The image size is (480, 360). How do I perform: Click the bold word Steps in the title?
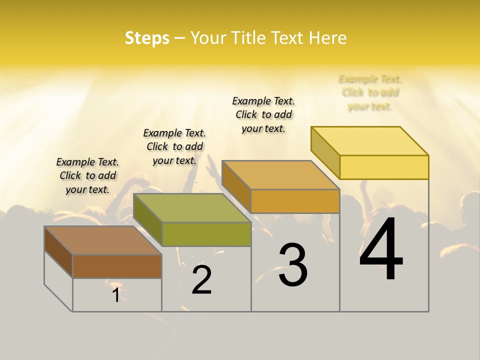tap(147, 38)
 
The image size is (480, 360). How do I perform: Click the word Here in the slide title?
tap(327, 38)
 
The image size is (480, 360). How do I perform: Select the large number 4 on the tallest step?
tap(381, 250)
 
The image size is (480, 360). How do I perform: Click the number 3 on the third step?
tap(292, 265)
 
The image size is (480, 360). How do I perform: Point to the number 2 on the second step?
tap(202, 280)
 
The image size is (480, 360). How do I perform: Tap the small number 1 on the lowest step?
tap(116, 295)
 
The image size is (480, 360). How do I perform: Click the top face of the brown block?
tap(103, 240)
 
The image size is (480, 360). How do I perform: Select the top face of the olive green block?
tap(192, 208)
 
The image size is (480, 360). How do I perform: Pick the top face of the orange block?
tap(280, 175)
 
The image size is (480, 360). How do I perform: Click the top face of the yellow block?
tap(370, 141)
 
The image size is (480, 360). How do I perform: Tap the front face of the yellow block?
tap(384, 167)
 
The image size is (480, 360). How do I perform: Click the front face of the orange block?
tap(295, 201)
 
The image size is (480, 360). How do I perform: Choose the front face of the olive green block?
tap(206, 234)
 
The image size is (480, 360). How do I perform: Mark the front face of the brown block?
tap(117, 266)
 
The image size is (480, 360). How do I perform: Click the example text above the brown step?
tap(87, 175)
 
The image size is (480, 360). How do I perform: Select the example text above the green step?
tap(174, 146)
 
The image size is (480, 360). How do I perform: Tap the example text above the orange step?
tap(263, 114)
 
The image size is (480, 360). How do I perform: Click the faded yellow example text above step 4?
tap(370, 92)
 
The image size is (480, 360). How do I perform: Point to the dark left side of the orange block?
tap(236, 182)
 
